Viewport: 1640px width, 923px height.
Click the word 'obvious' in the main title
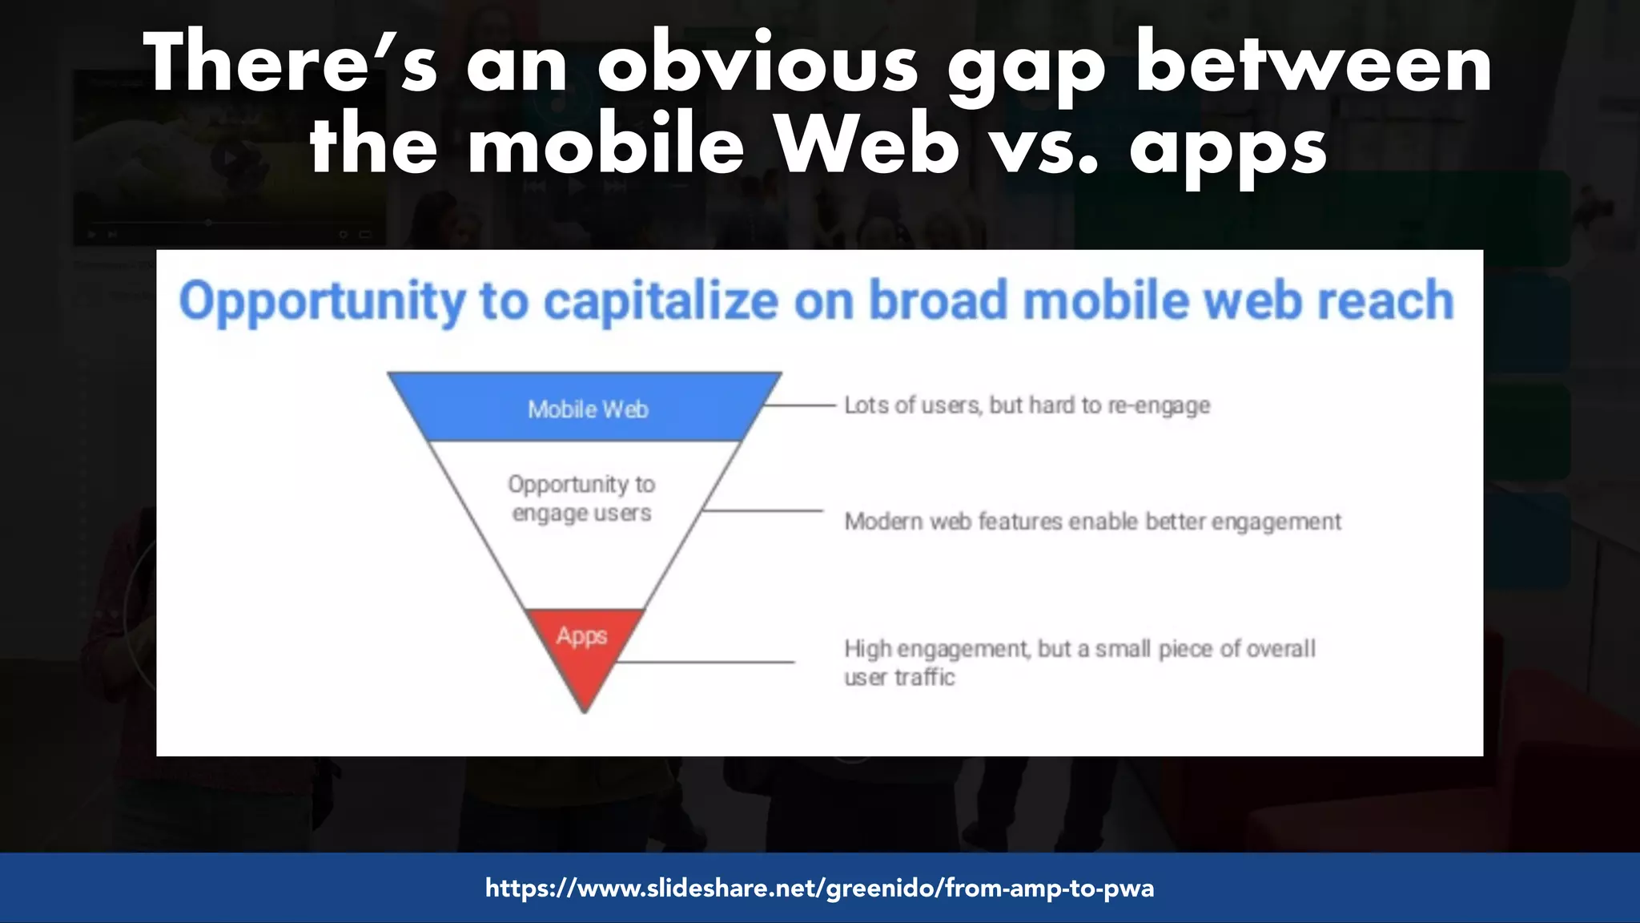coord(757,64)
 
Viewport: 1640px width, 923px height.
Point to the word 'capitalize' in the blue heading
coord(661,301)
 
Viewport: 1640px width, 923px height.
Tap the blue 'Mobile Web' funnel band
coord(586,409)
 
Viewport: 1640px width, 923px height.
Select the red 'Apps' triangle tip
coord(584,649)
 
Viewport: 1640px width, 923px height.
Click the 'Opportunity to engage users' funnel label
coord(582,498)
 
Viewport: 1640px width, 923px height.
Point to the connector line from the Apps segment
coord(705,662)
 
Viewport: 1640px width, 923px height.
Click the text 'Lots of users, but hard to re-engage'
coord(1027,405)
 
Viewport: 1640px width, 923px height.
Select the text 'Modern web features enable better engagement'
coord(1092,522)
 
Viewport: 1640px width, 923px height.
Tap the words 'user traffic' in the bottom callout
coord(899,678)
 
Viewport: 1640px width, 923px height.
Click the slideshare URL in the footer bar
coord(819,888)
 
